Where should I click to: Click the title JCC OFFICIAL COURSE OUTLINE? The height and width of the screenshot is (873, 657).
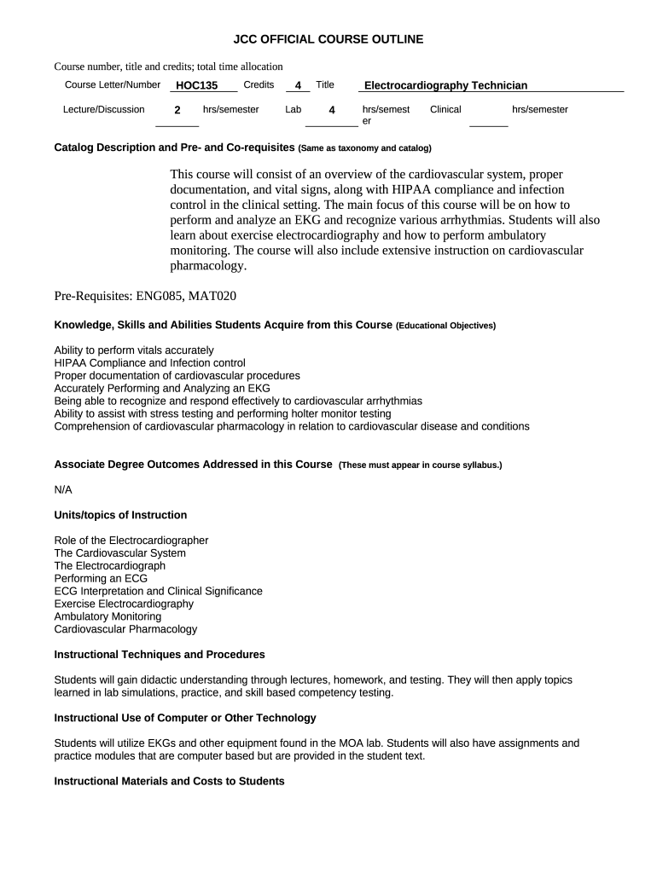pyautogui.click(x=328, y=39)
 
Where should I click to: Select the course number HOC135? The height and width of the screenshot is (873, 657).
pyautogui.click(x=196, y=85)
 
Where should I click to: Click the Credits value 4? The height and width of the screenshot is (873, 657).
pyautogui.click(x=297, y=85)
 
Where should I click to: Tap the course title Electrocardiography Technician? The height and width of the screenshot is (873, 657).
pyautogui.click(x=445, y=85)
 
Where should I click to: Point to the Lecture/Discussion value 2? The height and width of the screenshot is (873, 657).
pyautogui.click(x=177, y=110)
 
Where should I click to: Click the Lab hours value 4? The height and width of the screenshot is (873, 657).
pyautogui.click(x=331, y=110)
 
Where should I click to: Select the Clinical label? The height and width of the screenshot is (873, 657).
pyautogui.click(x=445, y=109)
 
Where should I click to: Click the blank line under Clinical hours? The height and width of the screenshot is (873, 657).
pyautogui.click(x=488, y=124)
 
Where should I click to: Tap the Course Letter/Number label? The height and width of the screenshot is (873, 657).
pyautogui.click(x=112, y=84)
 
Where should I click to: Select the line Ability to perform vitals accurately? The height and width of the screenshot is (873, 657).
pyautogui.click(x=134, y=350)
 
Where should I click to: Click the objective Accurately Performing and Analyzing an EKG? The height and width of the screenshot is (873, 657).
pyautogui.click(x=161, y=388)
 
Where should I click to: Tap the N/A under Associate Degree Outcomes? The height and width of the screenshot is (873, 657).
pyautogui.click(x=63, y=489)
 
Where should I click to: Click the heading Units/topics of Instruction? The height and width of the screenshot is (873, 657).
pyautogui.click(x=120, y=515)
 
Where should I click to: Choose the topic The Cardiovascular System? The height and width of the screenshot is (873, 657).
pyautogui.click(x=119, y=552)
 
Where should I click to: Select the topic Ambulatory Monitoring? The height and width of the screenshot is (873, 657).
pyautogui.click(x=108, y=616)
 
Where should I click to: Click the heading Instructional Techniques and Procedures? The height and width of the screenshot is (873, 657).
pyautogui.click(x=160, y=655)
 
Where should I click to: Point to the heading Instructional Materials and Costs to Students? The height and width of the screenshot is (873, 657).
pyautogui.click(x=169, y=781)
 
